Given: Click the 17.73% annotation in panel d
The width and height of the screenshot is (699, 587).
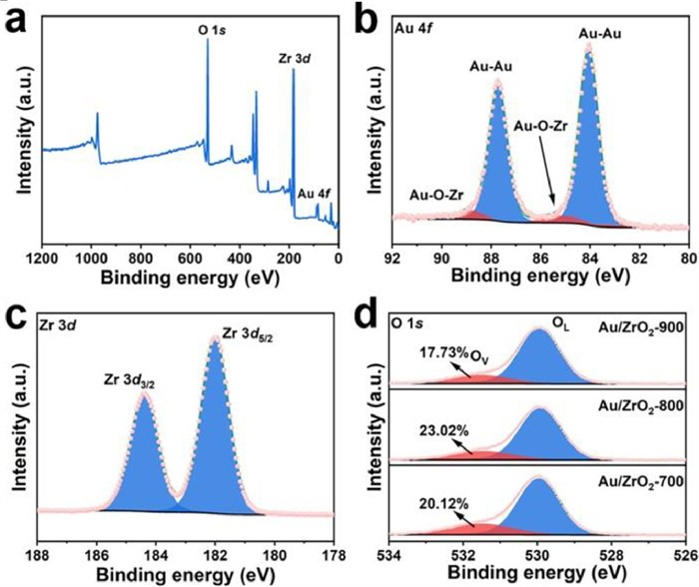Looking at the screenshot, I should click(430, 351).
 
